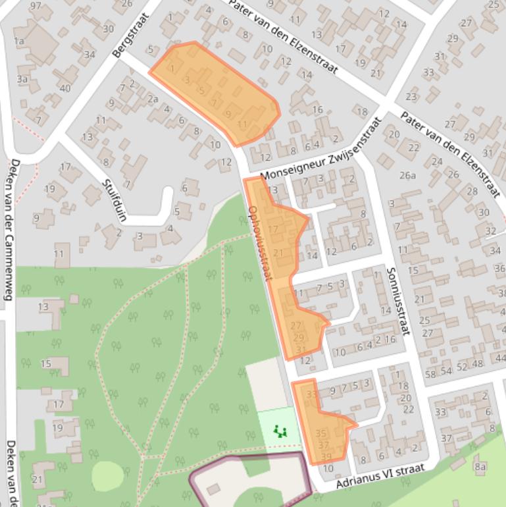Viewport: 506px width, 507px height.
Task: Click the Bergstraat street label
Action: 131,34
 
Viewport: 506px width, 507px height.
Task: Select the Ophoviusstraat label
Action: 260,243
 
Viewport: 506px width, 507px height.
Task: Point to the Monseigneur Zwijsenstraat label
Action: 320,148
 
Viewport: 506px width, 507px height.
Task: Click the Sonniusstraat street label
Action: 397,300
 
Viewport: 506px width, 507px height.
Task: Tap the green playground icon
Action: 281,432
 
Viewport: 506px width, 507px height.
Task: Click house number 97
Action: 36,6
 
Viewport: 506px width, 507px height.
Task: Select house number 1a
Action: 19,41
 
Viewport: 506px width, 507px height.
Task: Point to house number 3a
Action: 22,79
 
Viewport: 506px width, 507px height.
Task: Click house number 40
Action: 64,88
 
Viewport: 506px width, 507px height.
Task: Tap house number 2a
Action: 153,99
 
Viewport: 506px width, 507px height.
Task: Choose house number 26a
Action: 408,175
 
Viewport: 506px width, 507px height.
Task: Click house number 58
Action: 430,374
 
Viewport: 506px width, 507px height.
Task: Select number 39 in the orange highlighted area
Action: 326,457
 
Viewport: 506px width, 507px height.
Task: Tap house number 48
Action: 477,363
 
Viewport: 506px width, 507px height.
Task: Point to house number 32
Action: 490,231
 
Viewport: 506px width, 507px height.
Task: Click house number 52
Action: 462,367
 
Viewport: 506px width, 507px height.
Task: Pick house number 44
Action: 500,358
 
